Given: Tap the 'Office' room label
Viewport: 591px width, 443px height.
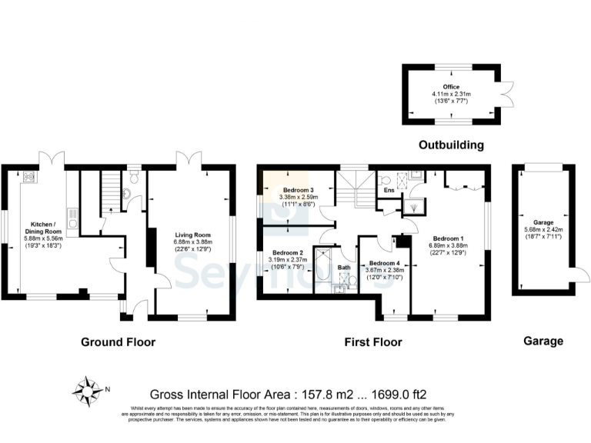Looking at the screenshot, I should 450,87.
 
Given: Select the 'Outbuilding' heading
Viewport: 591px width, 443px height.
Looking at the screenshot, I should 451,145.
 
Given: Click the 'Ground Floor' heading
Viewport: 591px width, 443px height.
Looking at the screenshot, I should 119,341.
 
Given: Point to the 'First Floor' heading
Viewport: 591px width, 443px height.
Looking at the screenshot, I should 372,341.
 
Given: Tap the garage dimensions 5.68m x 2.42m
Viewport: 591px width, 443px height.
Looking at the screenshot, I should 543,227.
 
